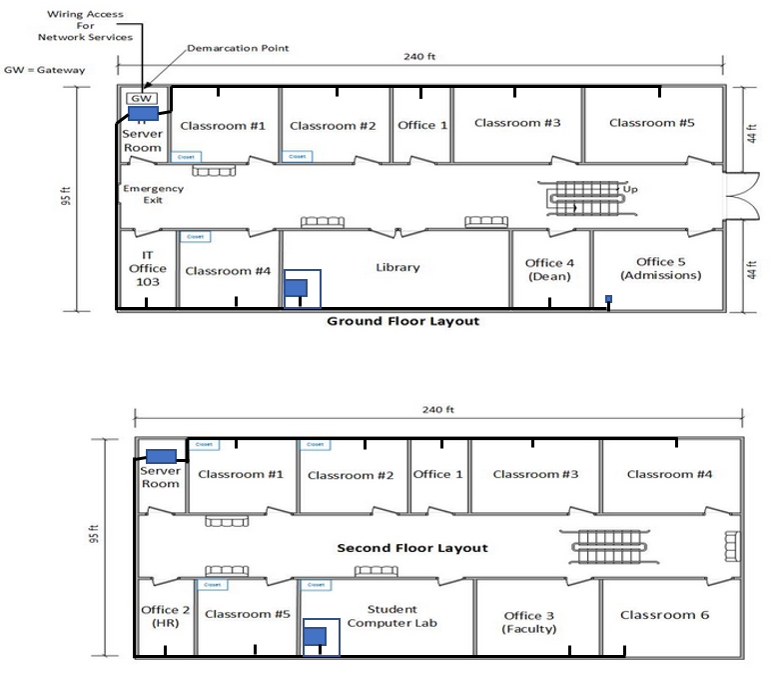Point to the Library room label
(x=397, y=267)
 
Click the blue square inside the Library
(x=296, y=288)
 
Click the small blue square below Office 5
(x=608, y=298)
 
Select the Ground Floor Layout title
(x=403, y=321)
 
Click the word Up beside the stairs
(x=630, y=188)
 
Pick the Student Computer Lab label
(x=391, y=616)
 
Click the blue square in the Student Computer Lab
(x=316, y=636)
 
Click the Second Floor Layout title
(x=412, y=548)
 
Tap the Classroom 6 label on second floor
(x=664, y=615)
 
